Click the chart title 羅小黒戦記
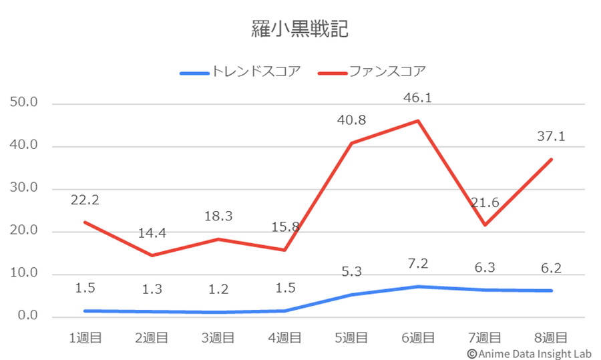tap(300, 29)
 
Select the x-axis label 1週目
tap(85, 338)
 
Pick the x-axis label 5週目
tap(351, 338)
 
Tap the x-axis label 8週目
tap(552, 338)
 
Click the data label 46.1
tap(418, 99)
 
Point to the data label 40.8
tap(351, 121)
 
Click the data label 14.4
tap(152, 234)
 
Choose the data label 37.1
tap(552, 137)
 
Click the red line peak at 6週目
tap(418, 120)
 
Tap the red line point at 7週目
tap(485, 225)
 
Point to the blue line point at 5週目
tap(351, 295)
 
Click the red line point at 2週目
tap(152, 255)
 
